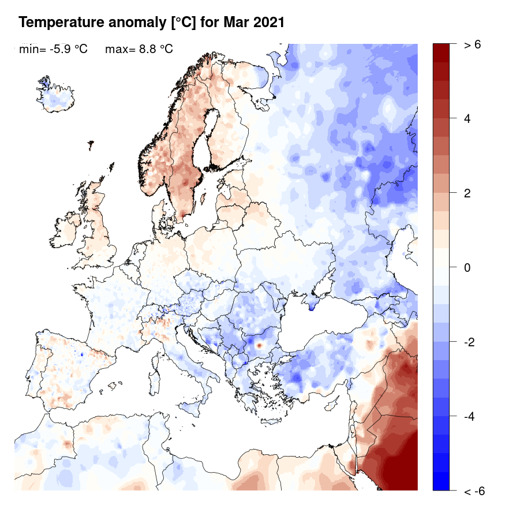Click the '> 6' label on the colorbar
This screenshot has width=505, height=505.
(472, 45)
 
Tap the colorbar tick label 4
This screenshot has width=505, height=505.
(467, 119)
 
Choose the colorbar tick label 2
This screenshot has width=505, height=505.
(467, 193)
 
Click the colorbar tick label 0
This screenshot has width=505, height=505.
(467, 268)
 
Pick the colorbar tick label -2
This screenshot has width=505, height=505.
(470, 342)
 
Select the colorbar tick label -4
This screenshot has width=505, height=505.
(470, 416)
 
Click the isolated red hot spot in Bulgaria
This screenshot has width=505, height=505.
(259, 345)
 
